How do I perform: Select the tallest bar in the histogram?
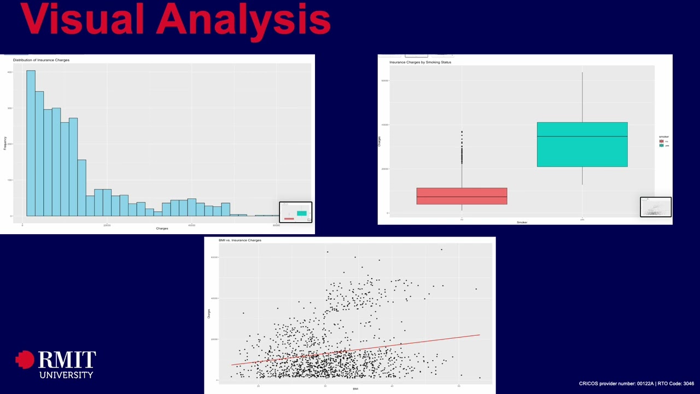pyautogui.click(x=31, y=143)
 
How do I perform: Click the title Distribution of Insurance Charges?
pyautogui.click(x=41, y=60)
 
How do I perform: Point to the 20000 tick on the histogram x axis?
pyautogui.click(x=107, y=225)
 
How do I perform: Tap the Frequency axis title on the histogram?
pyautogui.click(x=5, y=144)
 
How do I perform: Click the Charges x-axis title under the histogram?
pyautogui.click(x=162, y=228)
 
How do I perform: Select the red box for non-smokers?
pyautogui.click(x=462, y=196)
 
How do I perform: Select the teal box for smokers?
pyautogui.click(x=582, y=144)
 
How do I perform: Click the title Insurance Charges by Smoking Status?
pyautogui.click(x=420, y=62)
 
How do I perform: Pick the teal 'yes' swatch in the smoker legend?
pyautogui.click(x=661, y=146)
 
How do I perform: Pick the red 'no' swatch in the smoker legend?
pyautogui.click(x=661, y=141)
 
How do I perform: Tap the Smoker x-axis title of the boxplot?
pyautogui.click(x=522, y=222)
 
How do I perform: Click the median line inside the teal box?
pyautogui.click(x=582, y=136)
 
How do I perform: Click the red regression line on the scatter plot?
pyautogui.click(x=355, y=350)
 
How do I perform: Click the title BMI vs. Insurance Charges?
pyautogui.click(x=240, y=240)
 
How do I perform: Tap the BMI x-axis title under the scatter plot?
pyautogui.click(x=355, y=389)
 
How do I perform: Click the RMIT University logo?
pyautogui.click(x=56, y=364)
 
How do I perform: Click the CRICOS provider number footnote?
pyautogui.click(x=636, y=384)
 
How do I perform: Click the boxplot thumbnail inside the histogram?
pyautogui.click(x=296, y=212)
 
